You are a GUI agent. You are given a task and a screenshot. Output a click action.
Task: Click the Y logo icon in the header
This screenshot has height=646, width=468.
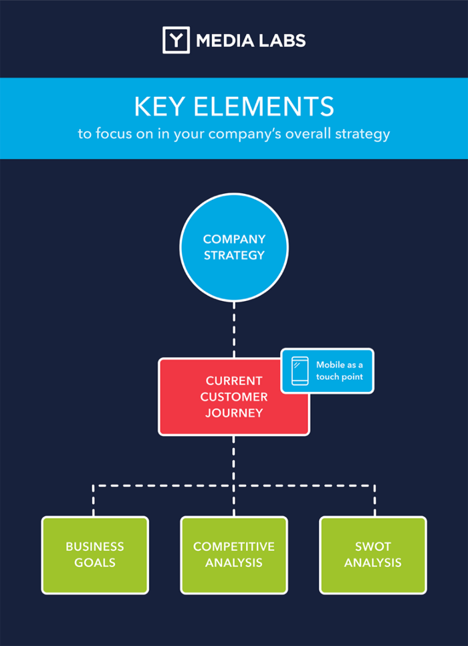(176, 40)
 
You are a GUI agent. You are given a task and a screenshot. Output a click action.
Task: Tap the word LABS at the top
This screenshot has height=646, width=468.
(283, 41)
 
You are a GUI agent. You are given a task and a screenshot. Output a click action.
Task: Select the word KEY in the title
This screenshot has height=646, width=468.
(158, 108)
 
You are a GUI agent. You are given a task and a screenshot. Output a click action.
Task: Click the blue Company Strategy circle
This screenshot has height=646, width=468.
(234, 247)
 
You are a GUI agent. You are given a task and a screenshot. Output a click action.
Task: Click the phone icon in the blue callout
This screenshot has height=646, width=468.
(300, 370)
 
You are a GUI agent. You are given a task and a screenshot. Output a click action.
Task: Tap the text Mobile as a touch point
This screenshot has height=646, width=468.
(340, 370)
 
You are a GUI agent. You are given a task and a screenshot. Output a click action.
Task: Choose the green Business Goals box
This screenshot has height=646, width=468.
(95, 555)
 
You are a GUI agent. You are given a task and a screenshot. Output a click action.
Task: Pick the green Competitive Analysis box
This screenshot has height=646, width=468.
(234, 555)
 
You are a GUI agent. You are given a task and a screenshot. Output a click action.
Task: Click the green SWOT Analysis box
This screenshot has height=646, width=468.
(373, 555)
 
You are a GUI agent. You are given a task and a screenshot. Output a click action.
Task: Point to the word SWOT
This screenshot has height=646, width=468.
(373, 547)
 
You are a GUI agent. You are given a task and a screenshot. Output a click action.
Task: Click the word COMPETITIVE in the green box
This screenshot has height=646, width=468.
(234, 547)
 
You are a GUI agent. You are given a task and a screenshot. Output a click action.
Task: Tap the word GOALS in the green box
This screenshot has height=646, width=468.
(95, 563)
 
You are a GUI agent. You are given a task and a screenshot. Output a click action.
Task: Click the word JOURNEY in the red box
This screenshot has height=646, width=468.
(234, 413)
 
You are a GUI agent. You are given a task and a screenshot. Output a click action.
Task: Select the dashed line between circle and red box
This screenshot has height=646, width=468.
(234, 328)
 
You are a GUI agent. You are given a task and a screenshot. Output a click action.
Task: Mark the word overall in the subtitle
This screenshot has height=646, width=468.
(310, 134)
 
